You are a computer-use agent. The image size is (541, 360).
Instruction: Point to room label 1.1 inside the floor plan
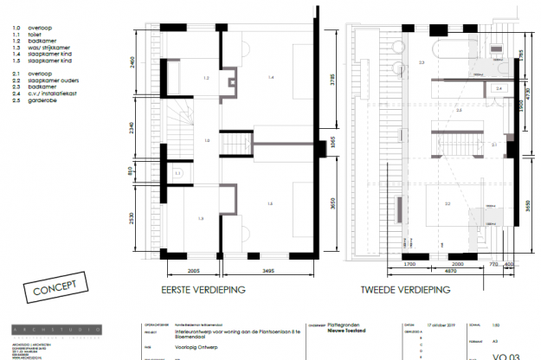[177, 174]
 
